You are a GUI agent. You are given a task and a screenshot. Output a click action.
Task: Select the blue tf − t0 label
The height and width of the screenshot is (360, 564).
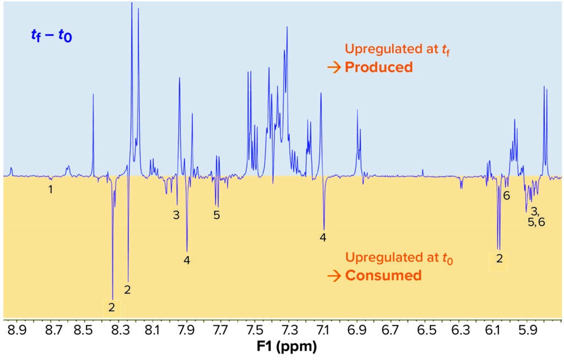(x=51, y=37)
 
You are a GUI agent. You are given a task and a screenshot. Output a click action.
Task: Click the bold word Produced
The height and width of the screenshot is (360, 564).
(x=378, y=67)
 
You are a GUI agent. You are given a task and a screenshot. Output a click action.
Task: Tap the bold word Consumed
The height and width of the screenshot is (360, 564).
(x=383, y=275)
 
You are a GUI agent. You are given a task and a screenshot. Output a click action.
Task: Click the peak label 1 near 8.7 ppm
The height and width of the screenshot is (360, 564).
(x=51, y=190)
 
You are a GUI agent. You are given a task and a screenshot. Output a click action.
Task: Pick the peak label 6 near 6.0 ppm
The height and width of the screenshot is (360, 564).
(x=507, y=195)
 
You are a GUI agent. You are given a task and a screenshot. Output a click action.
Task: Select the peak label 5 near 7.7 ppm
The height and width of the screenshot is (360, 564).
(x=217, y=215)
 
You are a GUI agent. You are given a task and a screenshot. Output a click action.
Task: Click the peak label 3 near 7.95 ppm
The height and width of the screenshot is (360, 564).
(x=176, y=215)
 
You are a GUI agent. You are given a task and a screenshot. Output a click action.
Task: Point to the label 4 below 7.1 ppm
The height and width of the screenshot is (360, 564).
(x=323, y=238)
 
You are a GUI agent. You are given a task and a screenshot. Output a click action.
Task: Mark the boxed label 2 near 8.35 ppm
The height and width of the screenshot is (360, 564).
(x=112, y=307)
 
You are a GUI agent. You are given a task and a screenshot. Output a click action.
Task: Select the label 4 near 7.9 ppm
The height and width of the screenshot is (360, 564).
(x=187, y=260)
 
